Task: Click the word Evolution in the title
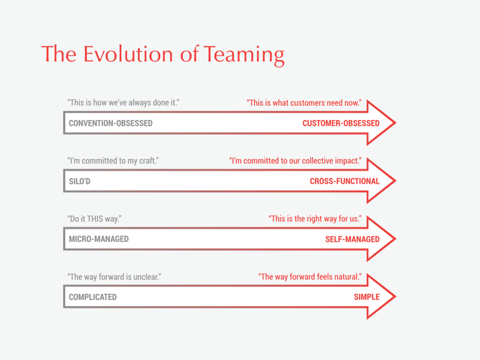click(129, 54)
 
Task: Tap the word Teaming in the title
click(244, 55)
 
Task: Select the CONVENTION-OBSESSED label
click(110, 123)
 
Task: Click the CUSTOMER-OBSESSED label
click(341, 123)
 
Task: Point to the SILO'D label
click(80, 181)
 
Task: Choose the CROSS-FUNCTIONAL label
click(344, 181)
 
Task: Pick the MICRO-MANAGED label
click(98, 239)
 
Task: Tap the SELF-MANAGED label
click(352, 239)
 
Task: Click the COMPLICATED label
click(93, 297)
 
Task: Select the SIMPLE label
click(367, 297)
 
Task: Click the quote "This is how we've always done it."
click(124, 103)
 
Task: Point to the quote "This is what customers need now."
click(304, 103)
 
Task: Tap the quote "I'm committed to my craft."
click(113, 161)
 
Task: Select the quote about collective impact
click(295, 161)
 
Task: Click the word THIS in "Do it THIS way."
click(95, 219)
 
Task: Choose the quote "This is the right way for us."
click(315, 219)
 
